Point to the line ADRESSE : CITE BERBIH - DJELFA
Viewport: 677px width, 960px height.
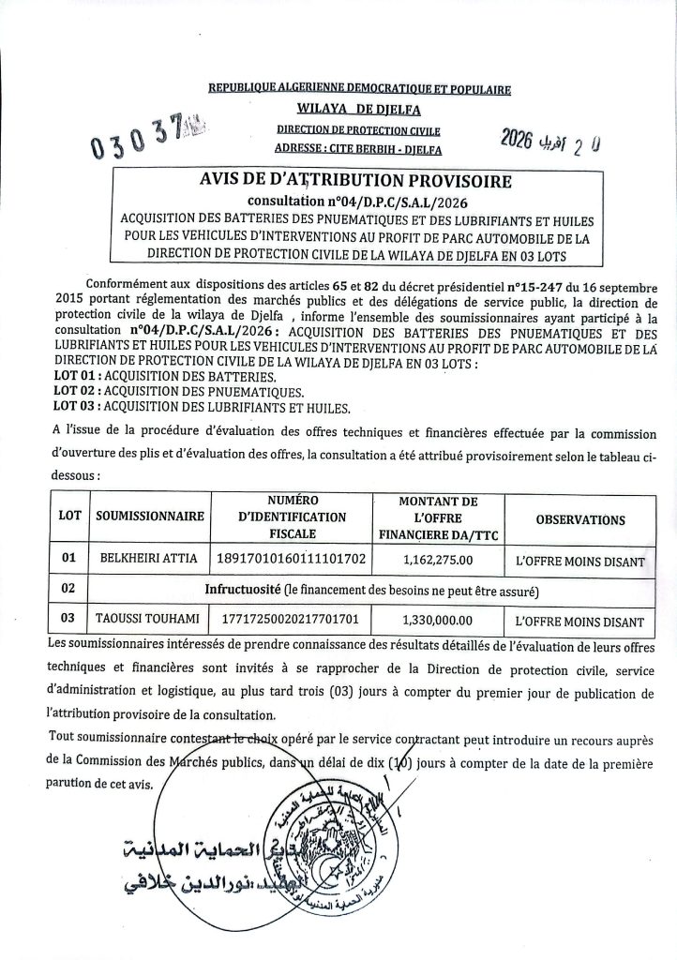[359, 148]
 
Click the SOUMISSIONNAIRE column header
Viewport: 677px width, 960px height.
[151, 517]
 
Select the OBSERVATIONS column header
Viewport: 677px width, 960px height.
[580, 518]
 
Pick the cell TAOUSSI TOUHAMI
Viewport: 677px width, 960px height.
[151, 621]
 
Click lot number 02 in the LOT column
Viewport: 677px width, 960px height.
[68, 590]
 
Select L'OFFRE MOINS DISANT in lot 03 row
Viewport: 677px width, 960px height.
[580, 621]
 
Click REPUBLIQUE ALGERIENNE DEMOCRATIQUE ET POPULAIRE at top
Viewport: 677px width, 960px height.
[359, 90]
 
